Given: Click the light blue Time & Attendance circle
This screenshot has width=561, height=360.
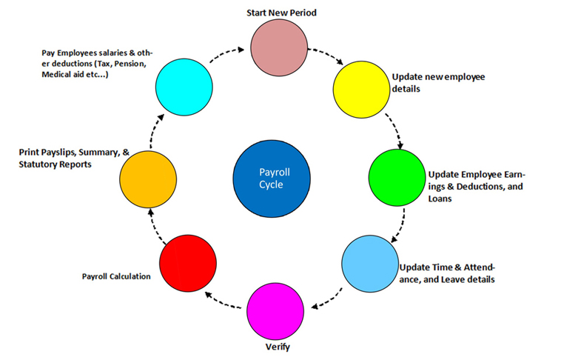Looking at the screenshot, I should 369,266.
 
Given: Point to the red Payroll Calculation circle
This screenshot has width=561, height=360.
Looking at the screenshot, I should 187,264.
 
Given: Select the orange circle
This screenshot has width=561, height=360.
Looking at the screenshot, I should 148,179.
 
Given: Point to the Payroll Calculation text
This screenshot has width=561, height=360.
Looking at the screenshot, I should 116,276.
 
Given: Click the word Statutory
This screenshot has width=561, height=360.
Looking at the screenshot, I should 38,164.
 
